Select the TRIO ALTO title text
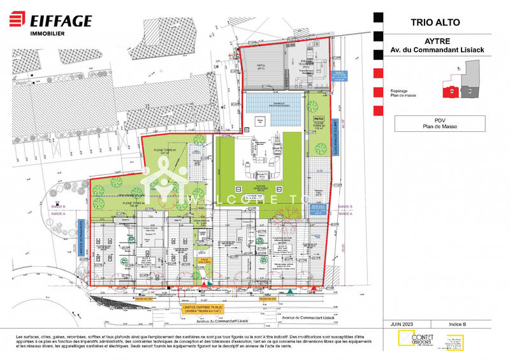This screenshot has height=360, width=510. coord(433,23)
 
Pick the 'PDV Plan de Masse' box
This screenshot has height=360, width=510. coord(433,124)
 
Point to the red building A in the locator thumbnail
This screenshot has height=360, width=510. coord(451,92)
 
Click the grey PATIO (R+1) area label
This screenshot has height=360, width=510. coord(261,66)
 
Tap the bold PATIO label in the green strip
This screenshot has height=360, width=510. coord(319,119)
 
